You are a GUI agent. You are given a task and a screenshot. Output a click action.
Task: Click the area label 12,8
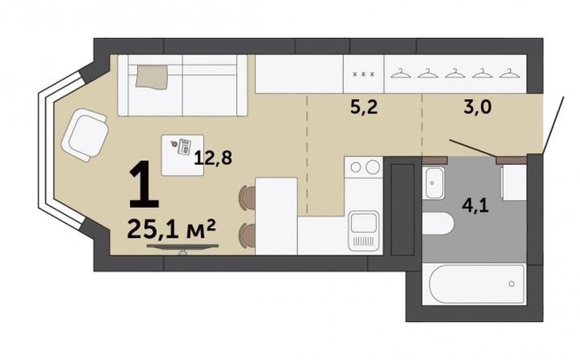tap(213, 157)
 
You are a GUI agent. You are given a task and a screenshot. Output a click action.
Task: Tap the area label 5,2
tap(363, 107)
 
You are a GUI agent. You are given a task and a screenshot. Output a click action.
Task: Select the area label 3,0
tap(477, 107)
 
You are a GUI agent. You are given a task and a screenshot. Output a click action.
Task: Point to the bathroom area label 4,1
tap(476, 205)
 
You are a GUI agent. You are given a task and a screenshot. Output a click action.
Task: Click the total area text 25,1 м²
tap(171, 229)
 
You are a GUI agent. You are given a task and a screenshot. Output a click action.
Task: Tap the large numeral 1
tap(143, 184)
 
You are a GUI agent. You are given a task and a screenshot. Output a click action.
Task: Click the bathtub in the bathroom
tap(477, 284)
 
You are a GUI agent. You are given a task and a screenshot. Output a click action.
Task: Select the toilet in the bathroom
tap(438, 224)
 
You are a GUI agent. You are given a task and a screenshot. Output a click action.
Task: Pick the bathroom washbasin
tap(434, 183)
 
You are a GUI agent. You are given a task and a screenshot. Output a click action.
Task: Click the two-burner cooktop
tap(363, 167)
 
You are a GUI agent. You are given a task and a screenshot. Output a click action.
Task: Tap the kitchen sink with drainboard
tap(364, 230)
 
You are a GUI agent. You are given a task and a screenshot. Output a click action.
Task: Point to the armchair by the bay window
tap(85, 134)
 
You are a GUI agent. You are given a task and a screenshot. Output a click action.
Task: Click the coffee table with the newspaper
tap(182, 155)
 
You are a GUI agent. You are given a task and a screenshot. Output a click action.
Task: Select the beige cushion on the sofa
tap(152, 77)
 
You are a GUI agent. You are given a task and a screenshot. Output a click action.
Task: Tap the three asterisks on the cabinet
tap(363, 74)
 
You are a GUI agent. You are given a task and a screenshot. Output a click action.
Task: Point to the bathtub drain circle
tap(512, 284)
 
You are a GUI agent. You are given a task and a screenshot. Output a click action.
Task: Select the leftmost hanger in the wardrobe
tap(401, 73)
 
